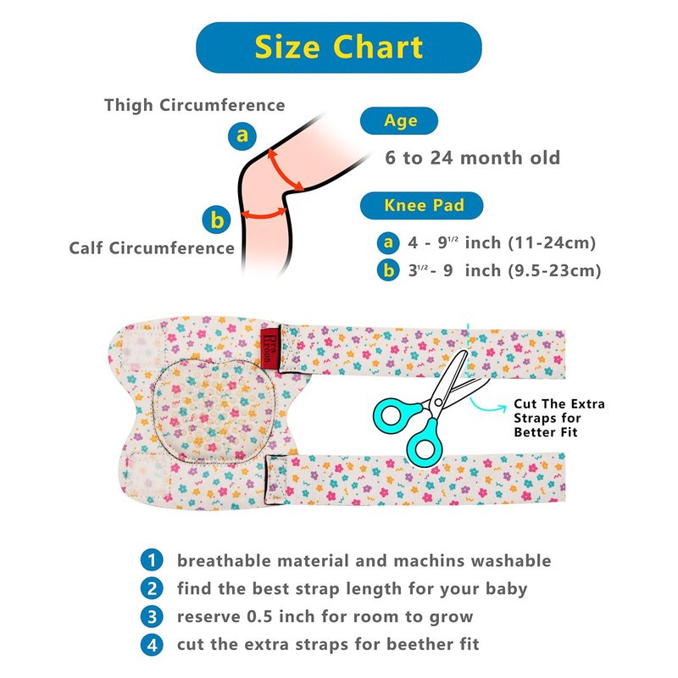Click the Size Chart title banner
[338, 47]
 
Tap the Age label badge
[399, 120]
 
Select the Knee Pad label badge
[421, 205]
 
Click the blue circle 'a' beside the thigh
[242, 136]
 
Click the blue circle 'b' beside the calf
[216, 220]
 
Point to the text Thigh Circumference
[195, 105]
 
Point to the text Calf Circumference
[152, 248]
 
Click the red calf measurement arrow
[264, 214]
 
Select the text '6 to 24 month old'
[473, 158]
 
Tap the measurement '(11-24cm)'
[553, 243]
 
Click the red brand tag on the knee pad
[270, 347]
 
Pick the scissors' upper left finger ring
[392, 415]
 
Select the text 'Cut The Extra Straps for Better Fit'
[559, 418]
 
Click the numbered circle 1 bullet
[152, 560]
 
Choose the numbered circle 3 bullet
[152, 617]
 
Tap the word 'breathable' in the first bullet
[224, 560]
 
